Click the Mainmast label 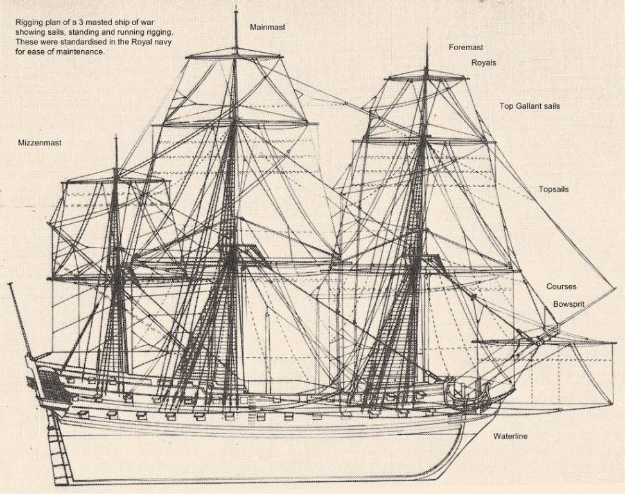(267, 28)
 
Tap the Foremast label (466, 48)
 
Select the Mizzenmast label (40, 143)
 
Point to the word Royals (483, 63)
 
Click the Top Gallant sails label (529, 106)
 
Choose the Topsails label (553, 190)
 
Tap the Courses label (561, 286)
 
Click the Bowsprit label (568, 304)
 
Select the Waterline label (510, 436)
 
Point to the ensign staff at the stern (20, 318)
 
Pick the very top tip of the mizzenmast (116, 136)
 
